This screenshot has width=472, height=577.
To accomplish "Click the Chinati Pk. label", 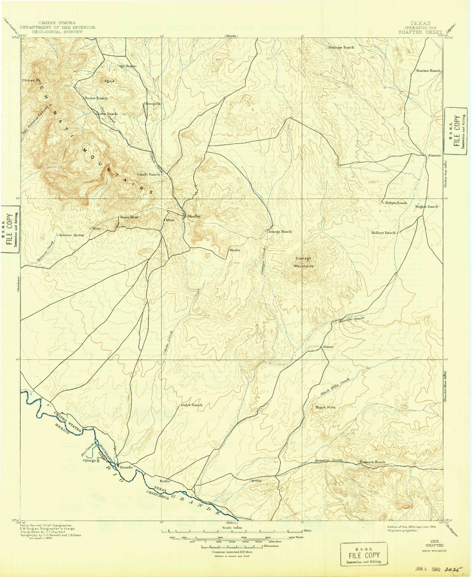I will [x=32, y=80].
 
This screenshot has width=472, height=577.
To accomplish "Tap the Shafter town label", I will [x=194, y=216].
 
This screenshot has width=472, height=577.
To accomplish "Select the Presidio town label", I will [x=126, y=467].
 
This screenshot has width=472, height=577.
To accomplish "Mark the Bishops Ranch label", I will [x=341, y=47].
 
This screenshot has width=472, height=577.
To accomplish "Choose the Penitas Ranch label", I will [x=428, y=70].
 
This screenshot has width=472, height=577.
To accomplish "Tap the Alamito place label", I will [x=434, y=155].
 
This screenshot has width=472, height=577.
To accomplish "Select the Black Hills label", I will [x=325, y=407].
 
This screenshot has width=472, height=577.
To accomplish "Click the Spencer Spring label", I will [x=72, y=235].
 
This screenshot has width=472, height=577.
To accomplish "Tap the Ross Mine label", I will [x=129, y=217].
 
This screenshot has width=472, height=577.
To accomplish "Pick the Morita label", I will [x=235, y=250].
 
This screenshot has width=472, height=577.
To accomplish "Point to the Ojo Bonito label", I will [x=127, y=66].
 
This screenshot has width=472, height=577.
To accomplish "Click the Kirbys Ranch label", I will [x=396, y=203].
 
